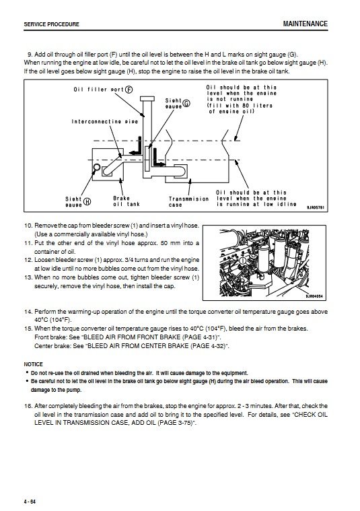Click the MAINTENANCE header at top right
305,24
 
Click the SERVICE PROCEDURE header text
51,24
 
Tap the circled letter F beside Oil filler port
129,90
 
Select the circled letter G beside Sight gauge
186,103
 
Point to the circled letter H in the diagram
87,201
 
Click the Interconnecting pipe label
105,122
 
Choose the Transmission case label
188,202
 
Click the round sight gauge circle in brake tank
97,168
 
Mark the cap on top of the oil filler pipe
147,99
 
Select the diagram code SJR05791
316,207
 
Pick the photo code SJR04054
314,296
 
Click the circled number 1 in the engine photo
242,261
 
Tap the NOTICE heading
33,364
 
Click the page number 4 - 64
30,501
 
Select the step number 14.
28,312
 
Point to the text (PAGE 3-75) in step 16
175,423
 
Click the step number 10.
28,226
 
